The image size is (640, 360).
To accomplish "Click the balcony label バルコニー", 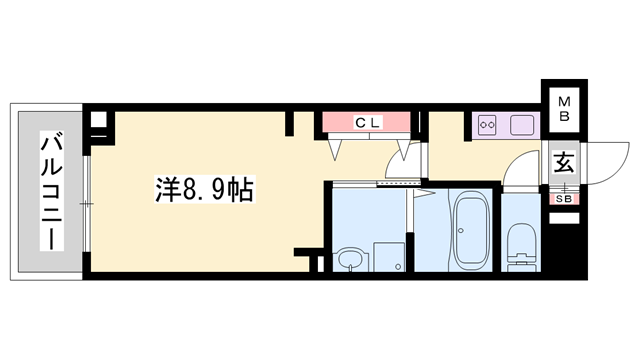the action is pyautogui.click(x=51, y=190).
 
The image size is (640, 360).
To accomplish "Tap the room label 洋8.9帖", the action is pyautogui.click(x=204, y=189).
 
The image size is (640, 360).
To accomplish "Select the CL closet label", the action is pyautogui.click(x=368, y=122).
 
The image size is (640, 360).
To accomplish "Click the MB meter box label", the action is pyautogui.click(x=564, y=109).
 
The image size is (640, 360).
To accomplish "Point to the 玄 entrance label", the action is pyautogui.click(x=564, y=162).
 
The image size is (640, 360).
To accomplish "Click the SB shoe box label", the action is pyautogui.click(x=564, y=199).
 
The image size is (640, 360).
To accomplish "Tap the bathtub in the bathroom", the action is pyautogui.click(x=471, y=231).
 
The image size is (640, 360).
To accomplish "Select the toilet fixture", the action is pyautogui.click(x=521, y=247).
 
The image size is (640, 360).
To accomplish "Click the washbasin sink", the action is pyautogui.click(x=351, y=260).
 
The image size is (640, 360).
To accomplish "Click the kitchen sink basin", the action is pyautogui.click(x=522, y=124).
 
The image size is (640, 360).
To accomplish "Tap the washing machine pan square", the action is pyautogui.click(x=389, y=257).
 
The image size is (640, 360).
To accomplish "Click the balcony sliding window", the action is pyautogui.click(x=86, y=204).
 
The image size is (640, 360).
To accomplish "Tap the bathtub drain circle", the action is pyautogui.click(x=461, y=231).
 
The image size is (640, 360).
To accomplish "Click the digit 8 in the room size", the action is pyautogui.click(x=187, y=190).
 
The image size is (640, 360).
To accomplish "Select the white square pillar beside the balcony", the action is pyautogui.click(x=98, y=120).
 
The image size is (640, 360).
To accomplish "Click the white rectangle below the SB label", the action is pyautogui.click(x=564, y=218).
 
